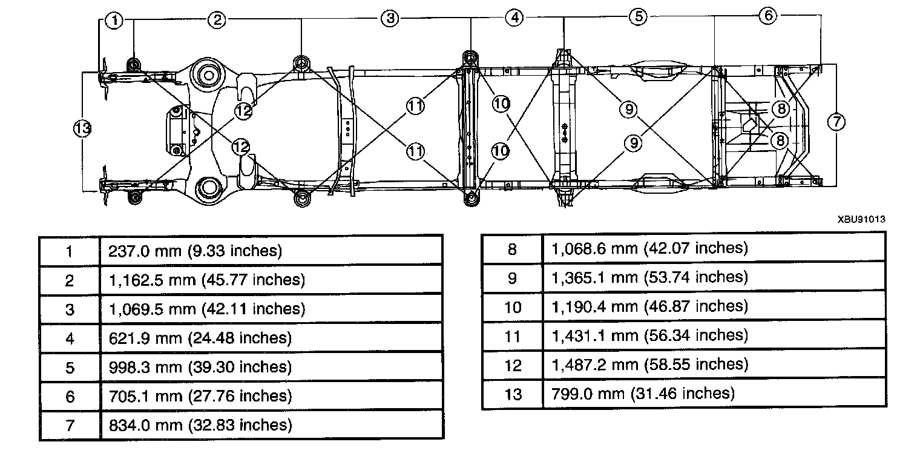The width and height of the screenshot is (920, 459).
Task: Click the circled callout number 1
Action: pyautogui.click(x=114, y=21)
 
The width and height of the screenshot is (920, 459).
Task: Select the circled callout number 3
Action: pyautogui.click(x=390, y=19)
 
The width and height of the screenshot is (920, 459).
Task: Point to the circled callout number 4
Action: pyautogui.click(x=514, y=18)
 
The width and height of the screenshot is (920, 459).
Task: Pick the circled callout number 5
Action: pyautogui.click(x=638, y=17)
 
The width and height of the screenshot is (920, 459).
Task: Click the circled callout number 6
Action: pyautogui.click(x=767, y=16)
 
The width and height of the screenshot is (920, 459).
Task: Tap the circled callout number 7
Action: pyautogui.click(x=836, y=122)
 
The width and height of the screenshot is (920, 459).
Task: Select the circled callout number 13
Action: pyautogui.click(x=83, y=128)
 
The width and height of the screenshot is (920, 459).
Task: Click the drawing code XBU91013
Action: pyautogui.click(x=861, y=220)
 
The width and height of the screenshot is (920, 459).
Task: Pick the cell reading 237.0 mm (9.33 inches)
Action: pyautogui.click(x=195, y=251)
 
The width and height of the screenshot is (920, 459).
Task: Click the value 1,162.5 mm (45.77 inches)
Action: pyautogui.click(x=206, y=280)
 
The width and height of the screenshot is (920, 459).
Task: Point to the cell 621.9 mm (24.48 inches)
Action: pyautogui.click(x=200, y=338)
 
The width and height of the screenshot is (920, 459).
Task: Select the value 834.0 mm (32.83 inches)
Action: pyautogui.click(x=200, y=425)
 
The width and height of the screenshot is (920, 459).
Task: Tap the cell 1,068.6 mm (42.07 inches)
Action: pyautogui.click(x=649, y=248)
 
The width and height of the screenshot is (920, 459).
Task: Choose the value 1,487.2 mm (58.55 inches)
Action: pyautogui.click(x=649, y=365)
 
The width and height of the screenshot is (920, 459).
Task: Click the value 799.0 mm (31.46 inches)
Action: pyautogui.click(x=643, y=394)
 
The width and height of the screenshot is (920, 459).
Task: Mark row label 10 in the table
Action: pyautogui.click(x=512, y=306)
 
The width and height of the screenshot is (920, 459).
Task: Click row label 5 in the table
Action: pyautogui.click(x=70, y=367)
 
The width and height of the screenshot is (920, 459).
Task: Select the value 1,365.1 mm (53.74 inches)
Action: pyautogui.click(x=649, y=277)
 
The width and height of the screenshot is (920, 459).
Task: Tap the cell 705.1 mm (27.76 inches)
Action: pyautogui.click(x=200, y=396)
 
